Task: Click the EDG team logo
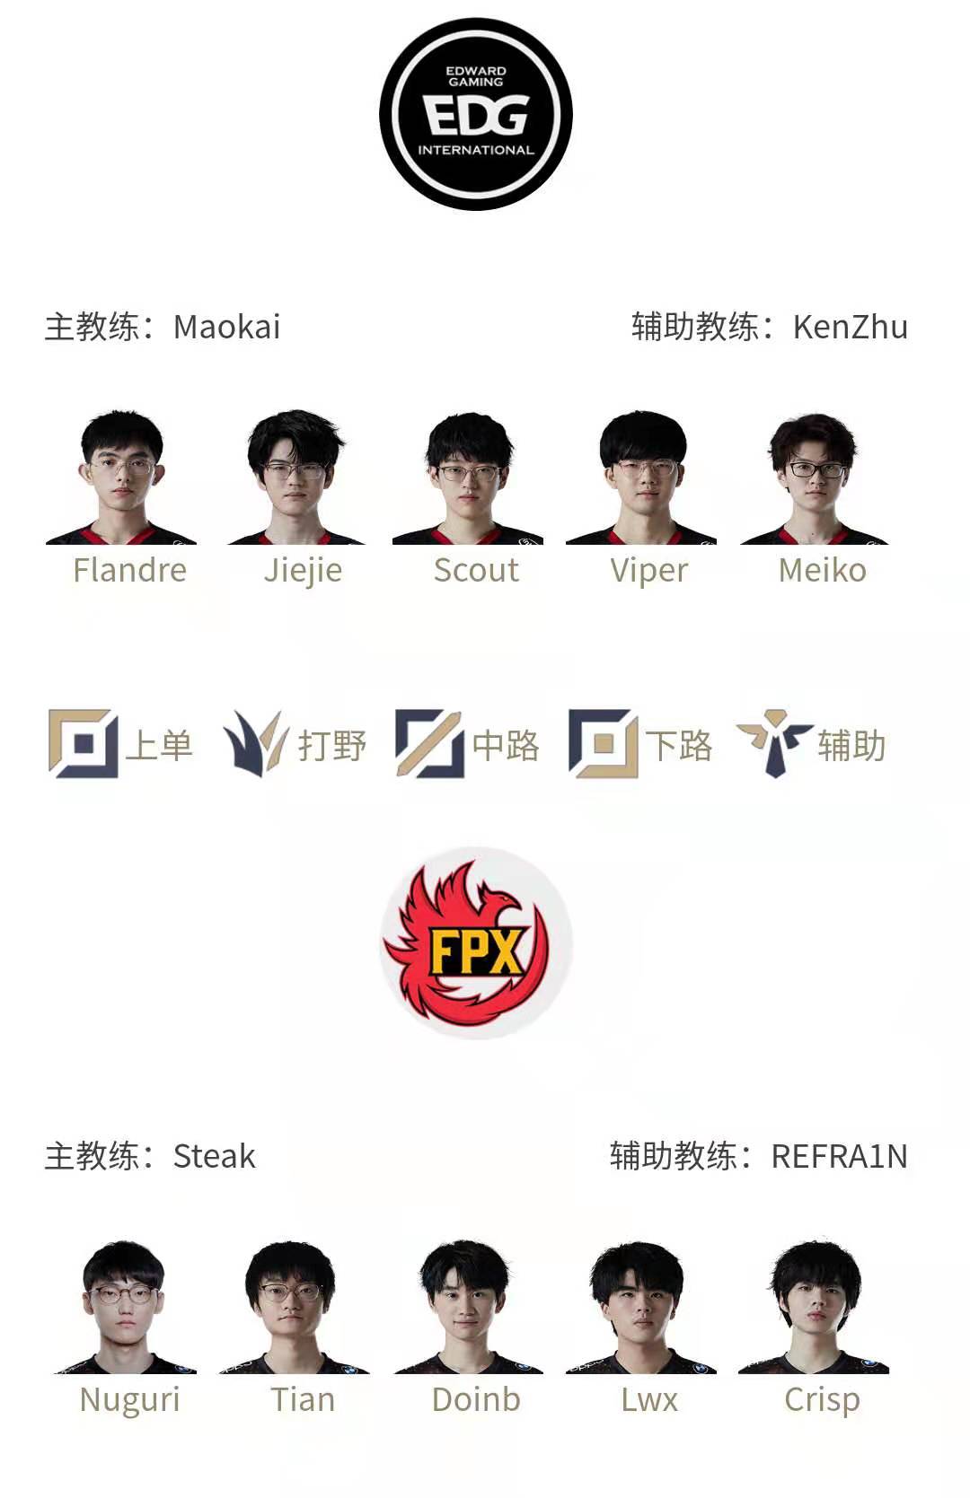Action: [x=476, y=115]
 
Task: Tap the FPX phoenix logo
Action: [x=476, y=942]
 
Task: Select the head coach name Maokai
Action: [x=226, y=327]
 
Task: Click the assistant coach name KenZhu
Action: [x=850, y=327]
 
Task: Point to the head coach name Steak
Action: [x=214, y=1156]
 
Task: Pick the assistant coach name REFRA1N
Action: [x=839, y=1156]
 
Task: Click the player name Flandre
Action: [x=130, y=570]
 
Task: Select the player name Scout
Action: [x=476, y=570]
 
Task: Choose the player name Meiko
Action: [x=822, y=570]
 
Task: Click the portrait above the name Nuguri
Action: [x=123, y=1307]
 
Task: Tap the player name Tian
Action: [x=303, y=1399]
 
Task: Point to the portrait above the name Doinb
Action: [x=467, y=1307]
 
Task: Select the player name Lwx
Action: [x=648, y=1399]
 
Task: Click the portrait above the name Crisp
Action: [x=815, y=1307]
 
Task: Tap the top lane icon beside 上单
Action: [x=83, y=743]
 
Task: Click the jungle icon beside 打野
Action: [x=255, y=743]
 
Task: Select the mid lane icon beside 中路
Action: [x=429, y=743]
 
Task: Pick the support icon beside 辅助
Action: [x=773, y=743]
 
